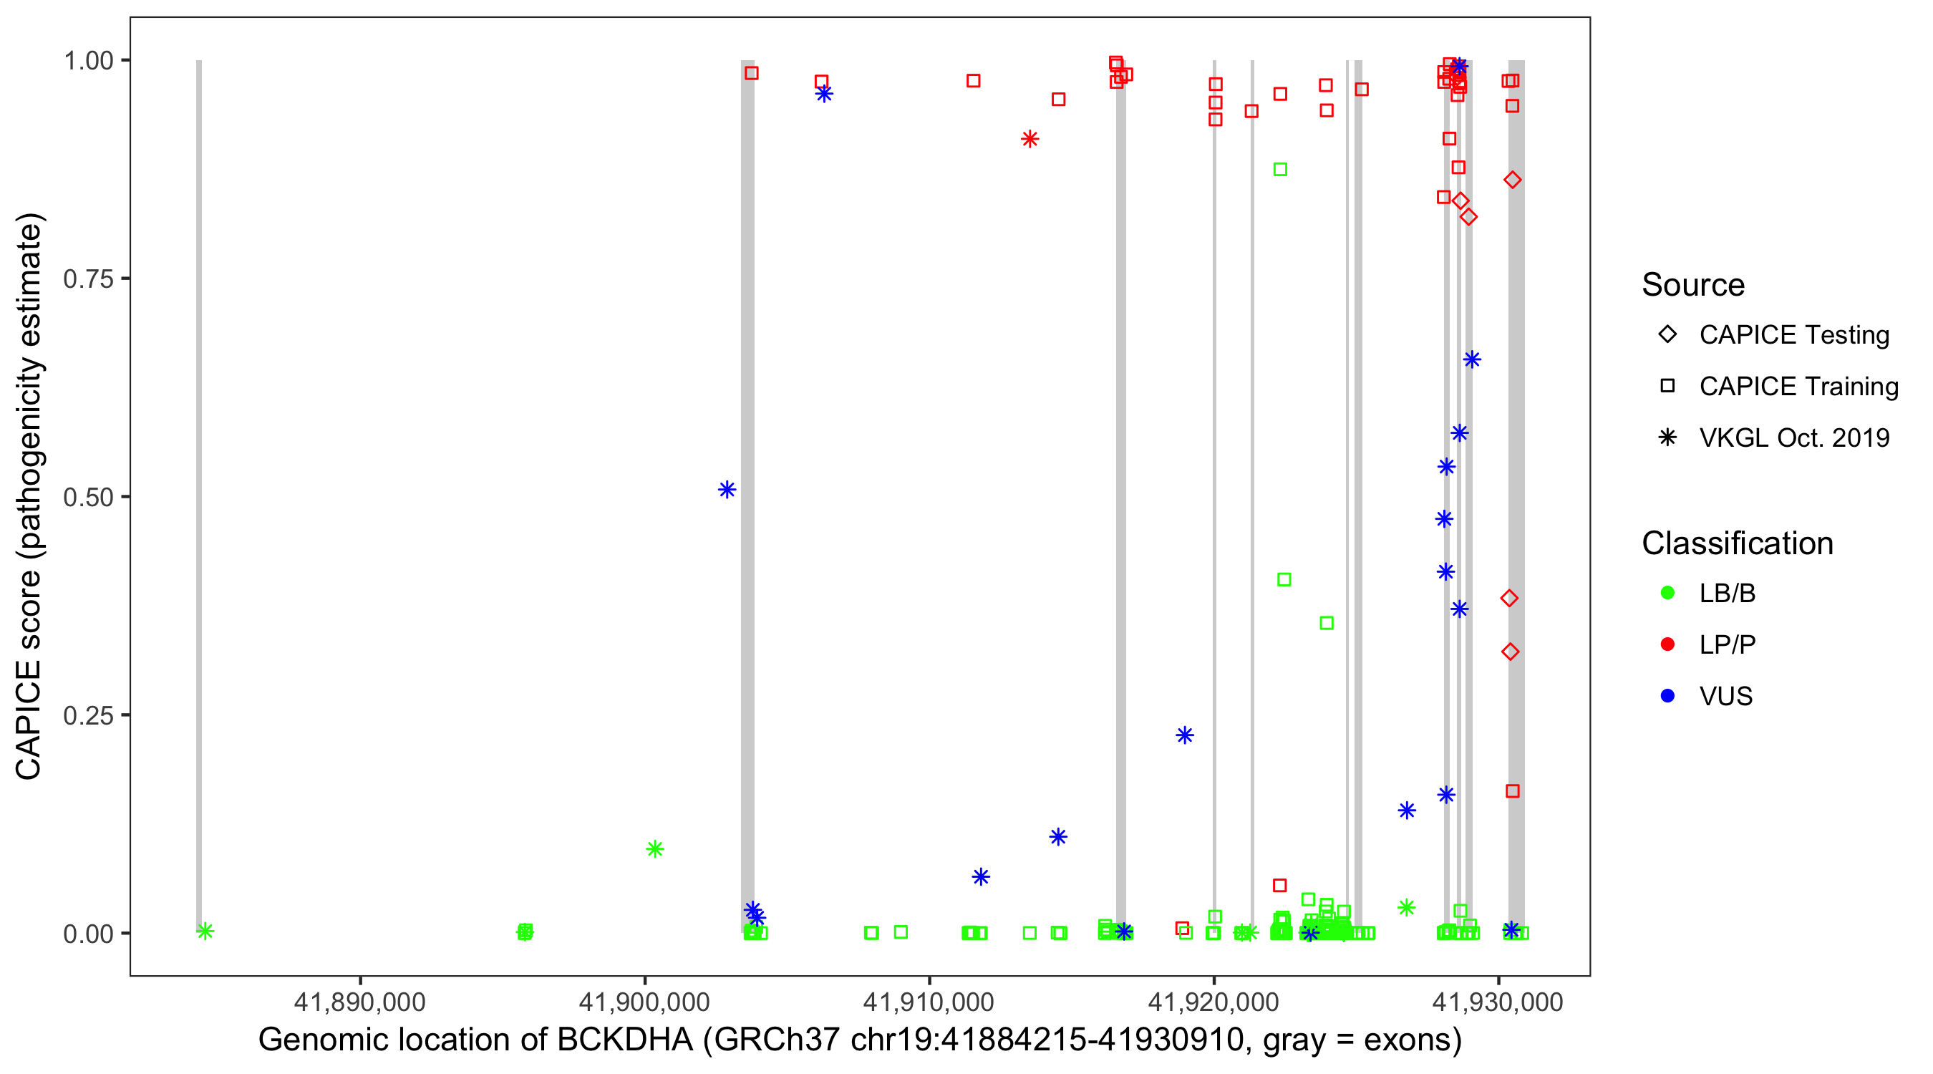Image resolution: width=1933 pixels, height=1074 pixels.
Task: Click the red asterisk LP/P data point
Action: tap(1030, 139)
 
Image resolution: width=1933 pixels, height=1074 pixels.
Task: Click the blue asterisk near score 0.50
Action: tap(727, 489)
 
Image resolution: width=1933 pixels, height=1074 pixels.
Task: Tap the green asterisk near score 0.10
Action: tap(655, 849)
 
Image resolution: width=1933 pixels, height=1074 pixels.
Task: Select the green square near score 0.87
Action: tap(1280, 170)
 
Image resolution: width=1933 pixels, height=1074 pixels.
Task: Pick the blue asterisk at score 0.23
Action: tap(1184, 735)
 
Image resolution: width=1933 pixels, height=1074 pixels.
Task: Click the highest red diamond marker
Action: tap(1512, 180)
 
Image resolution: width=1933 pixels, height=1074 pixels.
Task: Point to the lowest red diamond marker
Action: tap(1511, 652)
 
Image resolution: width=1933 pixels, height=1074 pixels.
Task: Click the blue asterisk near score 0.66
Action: tap(1472, 359)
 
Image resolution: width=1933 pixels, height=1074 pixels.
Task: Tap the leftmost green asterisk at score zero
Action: tap(205, 931)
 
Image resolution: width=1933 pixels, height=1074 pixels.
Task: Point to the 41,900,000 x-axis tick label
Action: tap(644, 1001)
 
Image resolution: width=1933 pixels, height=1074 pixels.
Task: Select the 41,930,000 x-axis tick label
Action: tap(1498, 1001)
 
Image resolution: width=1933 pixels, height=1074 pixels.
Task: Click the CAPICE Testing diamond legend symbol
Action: tap(1667, 334)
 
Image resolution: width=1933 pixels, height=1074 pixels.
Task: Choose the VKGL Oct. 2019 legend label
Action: tap(1794, 437)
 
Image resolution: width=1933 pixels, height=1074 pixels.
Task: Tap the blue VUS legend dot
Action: tap(1667, 696)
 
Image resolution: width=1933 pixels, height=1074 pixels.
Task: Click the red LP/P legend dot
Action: tap(1667, 644)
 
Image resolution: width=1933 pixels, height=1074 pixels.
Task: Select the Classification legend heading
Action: tap(1737, 543)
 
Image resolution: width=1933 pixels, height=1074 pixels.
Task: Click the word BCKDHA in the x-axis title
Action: tap(624, 1040)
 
